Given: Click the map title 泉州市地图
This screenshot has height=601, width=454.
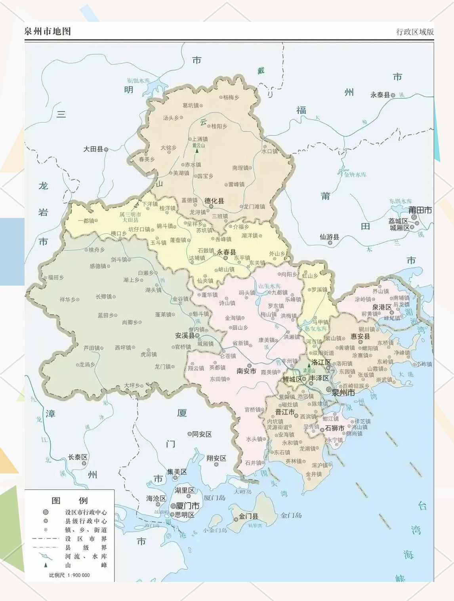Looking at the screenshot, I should (x=48, y=31).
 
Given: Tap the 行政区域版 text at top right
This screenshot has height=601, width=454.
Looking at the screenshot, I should (x=415, y=32).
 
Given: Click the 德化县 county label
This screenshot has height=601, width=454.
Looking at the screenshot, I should (x=214, y=201).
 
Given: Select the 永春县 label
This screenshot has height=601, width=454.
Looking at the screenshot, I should (x=226, y=252).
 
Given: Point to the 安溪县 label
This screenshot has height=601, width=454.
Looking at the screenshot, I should (x=185, y=336).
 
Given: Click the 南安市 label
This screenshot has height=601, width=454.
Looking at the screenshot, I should (x=246, y=371).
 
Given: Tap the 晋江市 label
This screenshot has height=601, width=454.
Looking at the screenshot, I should (x=285, y=412).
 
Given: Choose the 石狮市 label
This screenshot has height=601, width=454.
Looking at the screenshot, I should (x=334, y=428).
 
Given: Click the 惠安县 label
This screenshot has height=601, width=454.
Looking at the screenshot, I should (x=360, y=336).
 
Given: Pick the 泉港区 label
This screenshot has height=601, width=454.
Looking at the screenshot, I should (x=382, y=307).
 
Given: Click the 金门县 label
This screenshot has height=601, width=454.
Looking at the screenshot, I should (x=248, y=516).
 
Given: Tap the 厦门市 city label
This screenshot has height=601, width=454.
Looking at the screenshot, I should (x=187, y=506).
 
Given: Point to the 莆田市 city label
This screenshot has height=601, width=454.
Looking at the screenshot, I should (x=420, y=210).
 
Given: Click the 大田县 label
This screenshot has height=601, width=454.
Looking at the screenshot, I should (x=93, y=149).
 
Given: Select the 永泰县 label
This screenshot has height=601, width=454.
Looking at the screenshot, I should (x=380, y=95).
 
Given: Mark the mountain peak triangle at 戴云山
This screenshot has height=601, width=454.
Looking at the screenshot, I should (x=197, y=151).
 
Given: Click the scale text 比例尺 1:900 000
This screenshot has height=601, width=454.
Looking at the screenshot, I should (x=69, y=575).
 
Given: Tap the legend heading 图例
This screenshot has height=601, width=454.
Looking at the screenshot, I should (x=69, y=501).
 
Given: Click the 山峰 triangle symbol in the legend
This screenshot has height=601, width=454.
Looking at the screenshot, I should (x=46, y=565).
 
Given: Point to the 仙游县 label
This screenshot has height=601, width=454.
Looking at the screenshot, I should (x=330, y=237).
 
